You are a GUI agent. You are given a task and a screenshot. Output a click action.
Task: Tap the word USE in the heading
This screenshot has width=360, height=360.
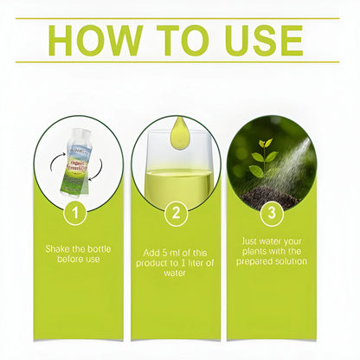257,41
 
